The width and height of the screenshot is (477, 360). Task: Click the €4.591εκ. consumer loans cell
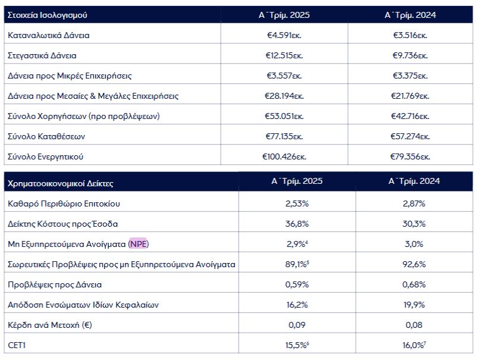pos(284,35)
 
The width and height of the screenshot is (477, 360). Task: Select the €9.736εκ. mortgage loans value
pos(410,55)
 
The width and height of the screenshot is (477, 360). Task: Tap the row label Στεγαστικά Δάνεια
pos(42,55)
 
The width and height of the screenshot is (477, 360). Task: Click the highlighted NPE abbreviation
pos(139,244)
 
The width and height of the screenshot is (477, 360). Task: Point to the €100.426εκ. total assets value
pos(283,156)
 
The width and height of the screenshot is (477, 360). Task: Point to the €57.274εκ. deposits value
pos(410,136)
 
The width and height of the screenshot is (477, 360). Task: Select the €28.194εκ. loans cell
pos(284,96)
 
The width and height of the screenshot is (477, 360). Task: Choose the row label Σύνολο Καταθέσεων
pos(47,136)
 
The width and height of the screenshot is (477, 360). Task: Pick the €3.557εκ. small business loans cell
pos(284,76)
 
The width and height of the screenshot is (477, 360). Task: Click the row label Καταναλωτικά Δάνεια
pos(49,35)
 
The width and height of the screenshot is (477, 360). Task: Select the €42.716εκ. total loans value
pos(410,116)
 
